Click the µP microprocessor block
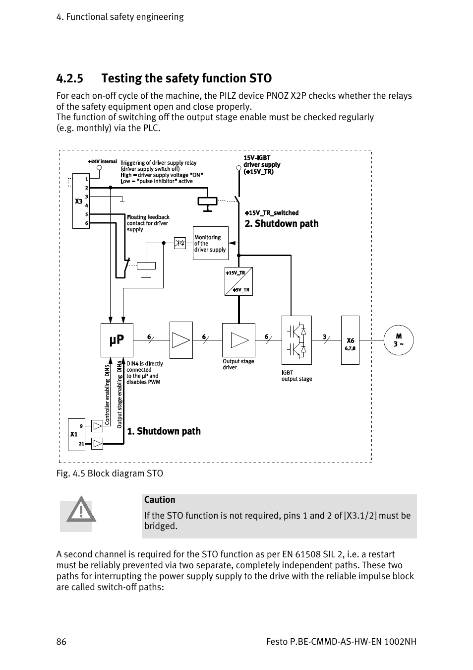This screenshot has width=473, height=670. click(x=117, y=340)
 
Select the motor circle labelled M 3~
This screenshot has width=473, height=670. click(x=398, y=340)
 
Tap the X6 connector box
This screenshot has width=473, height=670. click(x=350, y=340)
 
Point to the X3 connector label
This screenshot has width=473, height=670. click(x=78, y=201)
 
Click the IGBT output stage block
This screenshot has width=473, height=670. click(x=296, y=340)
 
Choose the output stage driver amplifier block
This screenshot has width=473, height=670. click(x=238, y=340)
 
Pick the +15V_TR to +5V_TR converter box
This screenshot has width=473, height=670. click(x=238, y=281)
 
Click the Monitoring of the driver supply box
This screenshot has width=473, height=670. click(x=210, y=243)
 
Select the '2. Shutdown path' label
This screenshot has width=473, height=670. click(x=281, y=224)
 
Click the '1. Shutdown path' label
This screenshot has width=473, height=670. click(x=164, y=431)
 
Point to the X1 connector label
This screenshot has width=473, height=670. click(x=74, y=434)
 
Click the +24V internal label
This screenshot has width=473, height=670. click(x=102, y=162)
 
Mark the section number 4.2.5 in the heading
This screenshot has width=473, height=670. click(x=69, y=78)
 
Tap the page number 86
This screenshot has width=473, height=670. click(x=61, y=642)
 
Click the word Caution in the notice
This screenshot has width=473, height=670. click(x=160, y=500)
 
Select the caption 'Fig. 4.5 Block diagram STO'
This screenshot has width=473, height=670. click(x=110, y=473)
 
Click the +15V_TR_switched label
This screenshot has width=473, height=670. click(x=272, y=213)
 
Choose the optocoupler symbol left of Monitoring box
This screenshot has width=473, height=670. click(x=179, y=243)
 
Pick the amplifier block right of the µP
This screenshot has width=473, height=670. click(x=181, y=340)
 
